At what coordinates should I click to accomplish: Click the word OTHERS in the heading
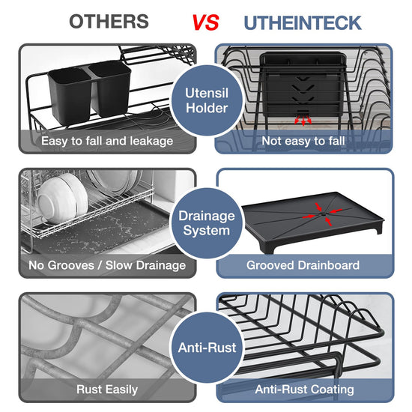click(x=109, y=22)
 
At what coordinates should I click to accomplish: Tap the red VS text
click(x=205, y=22)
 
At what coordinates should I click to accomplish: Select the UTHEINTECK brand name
click(x=303, y=23)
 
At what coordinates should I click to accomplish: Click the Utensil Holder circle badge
click(x=207, y=100)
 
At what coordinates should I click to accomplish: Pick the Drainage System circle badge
click(x=207, y=223)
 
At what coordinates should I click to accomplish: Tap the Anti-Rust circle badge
click(x=207, y=348)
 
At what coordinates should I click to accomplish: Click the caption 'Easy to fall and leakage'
click(x=107, y=141)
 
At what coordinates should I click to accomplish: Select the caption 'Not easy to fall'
click(x=303, y=141)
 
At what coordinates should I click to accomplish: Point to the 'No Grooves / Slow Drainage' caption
click(x=107, y=265)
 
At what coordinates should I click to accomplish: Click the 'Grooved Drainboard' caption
click(x=303, y=265)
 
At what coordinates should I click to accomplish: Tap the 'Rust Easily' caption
click(x=107, y=390)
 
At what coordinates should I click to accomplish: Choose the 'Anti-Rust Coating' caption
click(x=304, y=390)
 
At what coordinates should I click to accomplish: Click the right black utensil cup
click(x=110, y=88)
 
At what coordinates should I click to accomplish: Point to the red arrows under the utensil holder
click(x=303, y=120)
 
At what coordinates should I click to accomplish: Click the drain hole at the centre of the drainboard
click(x=323, y=214)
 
